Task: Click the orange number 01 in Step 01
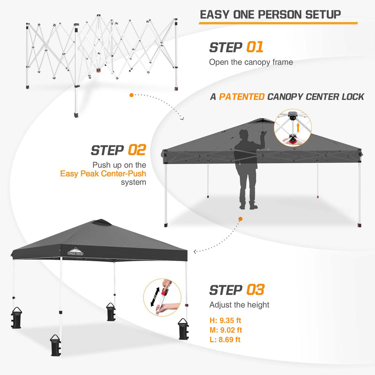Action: click(x=255, y=47)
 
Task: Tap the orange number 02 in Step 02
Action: click(x=137, y=150)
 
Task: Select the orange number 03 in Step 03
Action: click(x=255, y=290)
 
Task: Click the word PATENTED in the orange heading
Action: click(x=242, y=97)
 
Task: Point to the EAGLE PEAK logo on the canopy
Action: click(x=75, y=251)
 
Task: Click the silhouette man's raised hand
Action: click(x=263, y=133)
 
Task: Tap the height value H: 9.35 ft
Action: click(x=225, y=320)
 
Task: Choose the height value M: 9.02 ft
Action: click(x=225, y=330)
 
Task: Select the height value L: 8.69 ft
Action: click(x=225, y=339)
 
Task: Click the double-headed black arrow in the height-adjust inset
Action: click(x=155, y=297)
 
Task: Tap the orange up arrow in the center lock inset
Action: click(x=298, y=127)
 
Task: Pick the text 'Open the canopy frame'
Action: click(x=251, y=62)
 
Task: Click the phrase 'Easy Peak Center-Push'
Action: click(x=103, y=174)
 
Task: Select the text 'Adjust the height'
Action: click(x=239, y=305)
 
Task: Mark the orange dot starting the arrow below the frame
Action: click(x=132, y=95)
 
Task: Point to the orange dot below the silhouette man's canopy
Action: click(x=240, y=219)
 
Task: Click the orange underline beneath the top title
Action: click(x=278, y=23)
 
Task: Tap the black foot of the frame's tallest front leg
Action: click(x=76, y=115)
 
